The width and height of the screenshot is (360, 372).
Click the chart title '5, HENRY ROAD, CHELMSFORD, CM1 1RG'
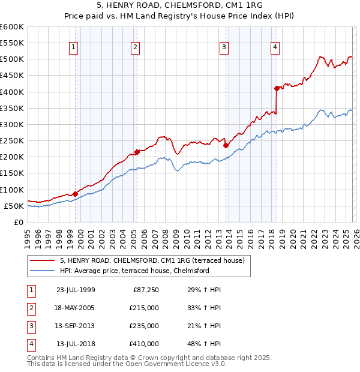pos(180,5)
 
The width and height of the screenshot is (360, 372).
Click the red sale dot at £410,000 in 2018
pos(277,88)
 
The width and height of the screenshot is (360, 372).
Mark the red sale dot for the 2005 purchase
pos(137,152)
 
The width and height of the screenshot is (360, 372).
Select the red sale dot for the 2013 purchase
pos(226,145)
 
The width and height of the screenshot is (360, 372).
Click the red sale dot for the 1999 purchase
pos(75,194)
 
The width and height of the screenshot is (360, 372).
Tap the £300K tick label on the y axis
pos(12,124)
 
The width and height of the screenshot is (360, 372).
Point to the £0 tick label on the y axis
pos(18,222)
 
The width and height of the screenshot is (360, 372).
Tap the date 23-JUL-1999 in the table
pos(76,290)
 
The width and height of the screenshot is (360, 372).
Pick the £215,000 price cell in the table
pos(144,308)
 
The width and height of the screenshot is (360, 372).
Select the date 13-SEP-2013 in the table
pos(76,326)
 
